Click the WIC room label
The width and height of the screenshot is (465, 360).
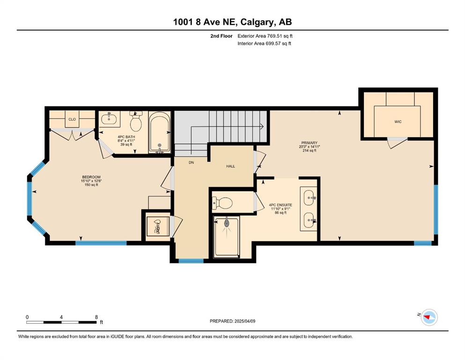click(x=398, y=122)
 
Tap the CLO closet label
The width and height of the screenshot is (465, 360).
click(x=72, y=120)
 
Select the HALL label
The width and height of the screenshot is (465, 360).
click(x=230, y=166)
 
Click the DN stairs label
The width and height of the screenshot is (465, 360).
click(x=191, y=163)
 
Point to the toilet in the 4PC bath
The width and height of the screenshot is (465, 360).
click(x=136, y=121)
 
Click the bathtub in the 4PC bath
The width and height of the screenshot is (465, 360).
click(x=160, y=132)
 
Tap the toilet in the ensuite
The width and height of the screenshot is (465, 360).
click(x=222, y=203)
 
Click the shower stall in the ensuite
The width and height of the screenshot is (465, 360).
click(x=227, y=236)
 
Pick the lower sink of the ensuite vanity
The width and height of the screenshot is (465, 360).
click(x=309, y=220)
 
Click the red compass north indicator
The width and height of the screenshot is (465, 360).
click(x=427, y=317)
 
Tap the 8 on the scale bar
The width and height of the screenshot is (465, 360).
click(x=96, y=317)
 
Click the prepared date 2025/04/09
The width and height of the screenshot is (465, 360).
click(x=244, y=321)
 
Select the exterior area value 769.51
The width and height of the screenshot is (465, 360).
click(x=274, y=36)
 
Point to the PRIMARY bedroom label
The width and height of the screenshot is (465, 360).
click(x=310, y=143)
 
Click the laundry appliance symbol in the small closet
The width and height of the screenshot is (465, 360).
click(x=158, y=226)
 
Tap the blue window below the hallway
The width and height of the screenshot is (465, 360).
click(x=191, y=261)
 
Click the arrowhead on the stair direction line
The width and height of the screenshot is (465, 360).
click(x=262, y=127)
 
